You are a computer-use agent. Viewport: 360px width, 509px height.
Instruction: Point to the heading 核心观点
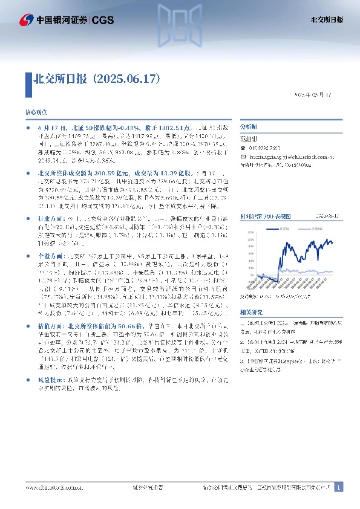35,112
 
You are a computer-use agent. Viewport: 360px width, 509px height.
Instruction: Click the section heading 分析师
249,128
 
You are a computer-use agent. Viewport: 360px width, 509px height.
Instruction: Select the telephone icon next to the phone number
243,148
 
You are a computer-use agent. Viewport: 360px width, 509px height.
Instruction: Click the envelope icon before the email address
243,155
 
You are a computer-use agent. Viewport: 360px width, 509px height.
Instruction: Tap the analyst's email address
287,155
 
